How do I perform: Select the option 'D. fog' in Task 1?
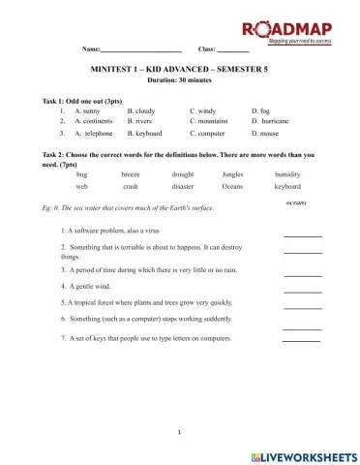tap(260, 111)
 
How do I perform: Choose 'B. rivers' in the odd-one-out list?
tap(139, 122)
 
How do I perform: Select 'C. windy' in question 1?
tap(204, 111)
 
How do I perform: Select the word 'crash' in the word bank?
tap(131, 186)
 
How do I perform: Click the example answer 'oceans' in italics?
tap(296, 202)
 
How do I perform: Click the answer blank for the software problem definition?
tap(302, 234)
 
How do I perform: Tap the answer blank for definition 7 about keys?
tap(300, 340)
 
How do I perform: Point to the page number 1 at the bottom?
tap(180, 429)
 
